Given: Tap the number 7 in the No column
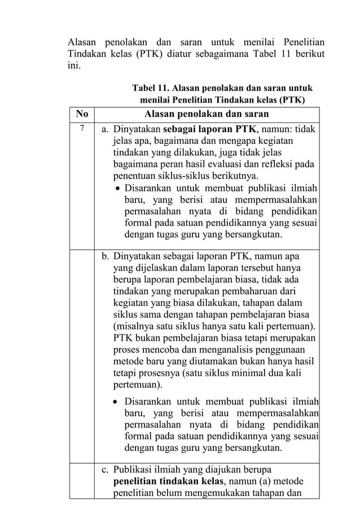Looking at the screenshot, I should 81,129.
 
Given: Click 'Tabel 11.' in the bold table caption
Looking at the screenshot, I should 150,89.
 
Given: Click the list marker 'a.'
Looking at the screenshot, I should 106,129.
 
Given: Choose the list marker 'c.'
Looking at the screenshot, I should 106,469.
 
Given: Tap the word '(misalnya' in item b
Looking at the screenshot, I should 133,327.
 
